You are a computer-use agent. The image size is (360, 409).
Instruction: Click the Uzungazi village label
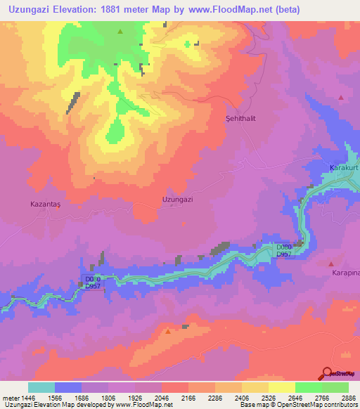177,200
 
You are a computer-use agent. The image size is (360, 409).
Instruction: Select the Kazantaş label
46,204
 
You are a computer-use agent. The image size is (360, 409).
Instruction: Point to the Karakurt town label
344,169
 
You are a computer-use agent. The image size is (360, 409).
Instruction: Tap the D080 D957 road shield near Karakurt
284,251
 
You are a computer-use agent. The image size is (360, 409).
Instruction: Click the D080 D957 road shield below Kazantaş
93,283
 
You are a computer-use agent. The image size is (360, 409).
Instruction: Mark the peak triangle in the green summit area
120,32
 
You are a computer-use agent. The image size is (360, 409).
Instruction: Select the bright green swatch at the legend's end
335,387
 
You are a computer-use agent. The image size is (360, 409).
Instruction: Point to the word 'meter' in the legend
9,398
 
